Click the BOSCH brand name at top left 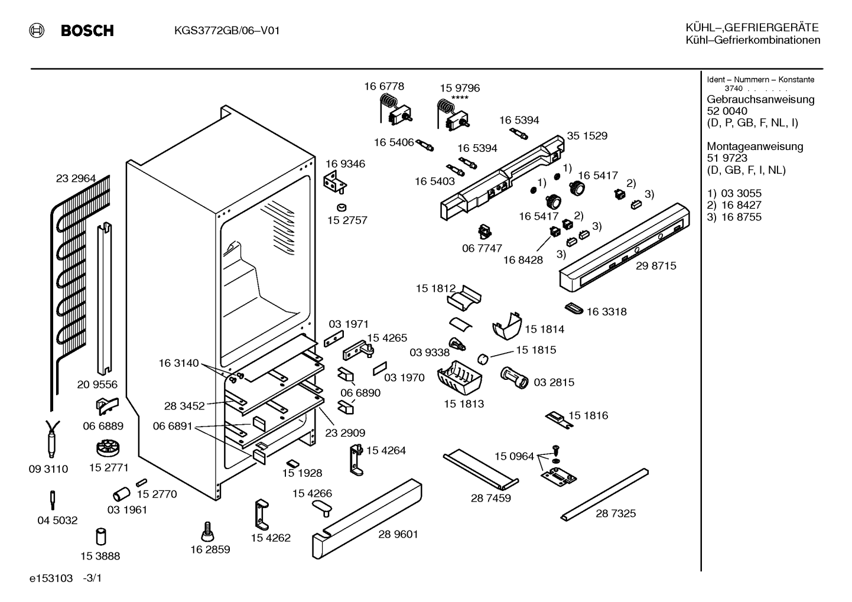coord(87,30)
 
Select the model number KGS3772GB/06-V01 coord(227,30)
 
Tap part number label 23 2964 coord(76,178)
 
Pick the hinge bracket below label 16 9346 coord(335,182)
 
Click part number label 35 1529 coord(587,136)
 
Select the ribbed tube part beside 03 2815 coord(514,378)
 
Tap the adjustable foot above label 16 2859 coord(207,531)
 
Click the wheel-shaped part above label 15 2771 coord(108,448)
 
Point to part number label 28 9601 coord(398,534)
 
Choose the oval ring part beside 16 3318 coord(574,309)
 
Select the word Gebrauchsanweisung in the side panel coord(760,100)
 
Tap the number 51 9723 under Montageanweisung coord(727,158)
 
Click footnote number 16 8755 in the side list coord(742,217)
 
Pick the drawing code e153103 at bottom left coord(51,578)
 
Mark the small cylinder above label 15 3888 coord(100,536)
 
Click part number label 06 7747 coord(482,248)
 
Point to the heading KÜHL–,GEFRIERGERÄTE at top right coord(752,28)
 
